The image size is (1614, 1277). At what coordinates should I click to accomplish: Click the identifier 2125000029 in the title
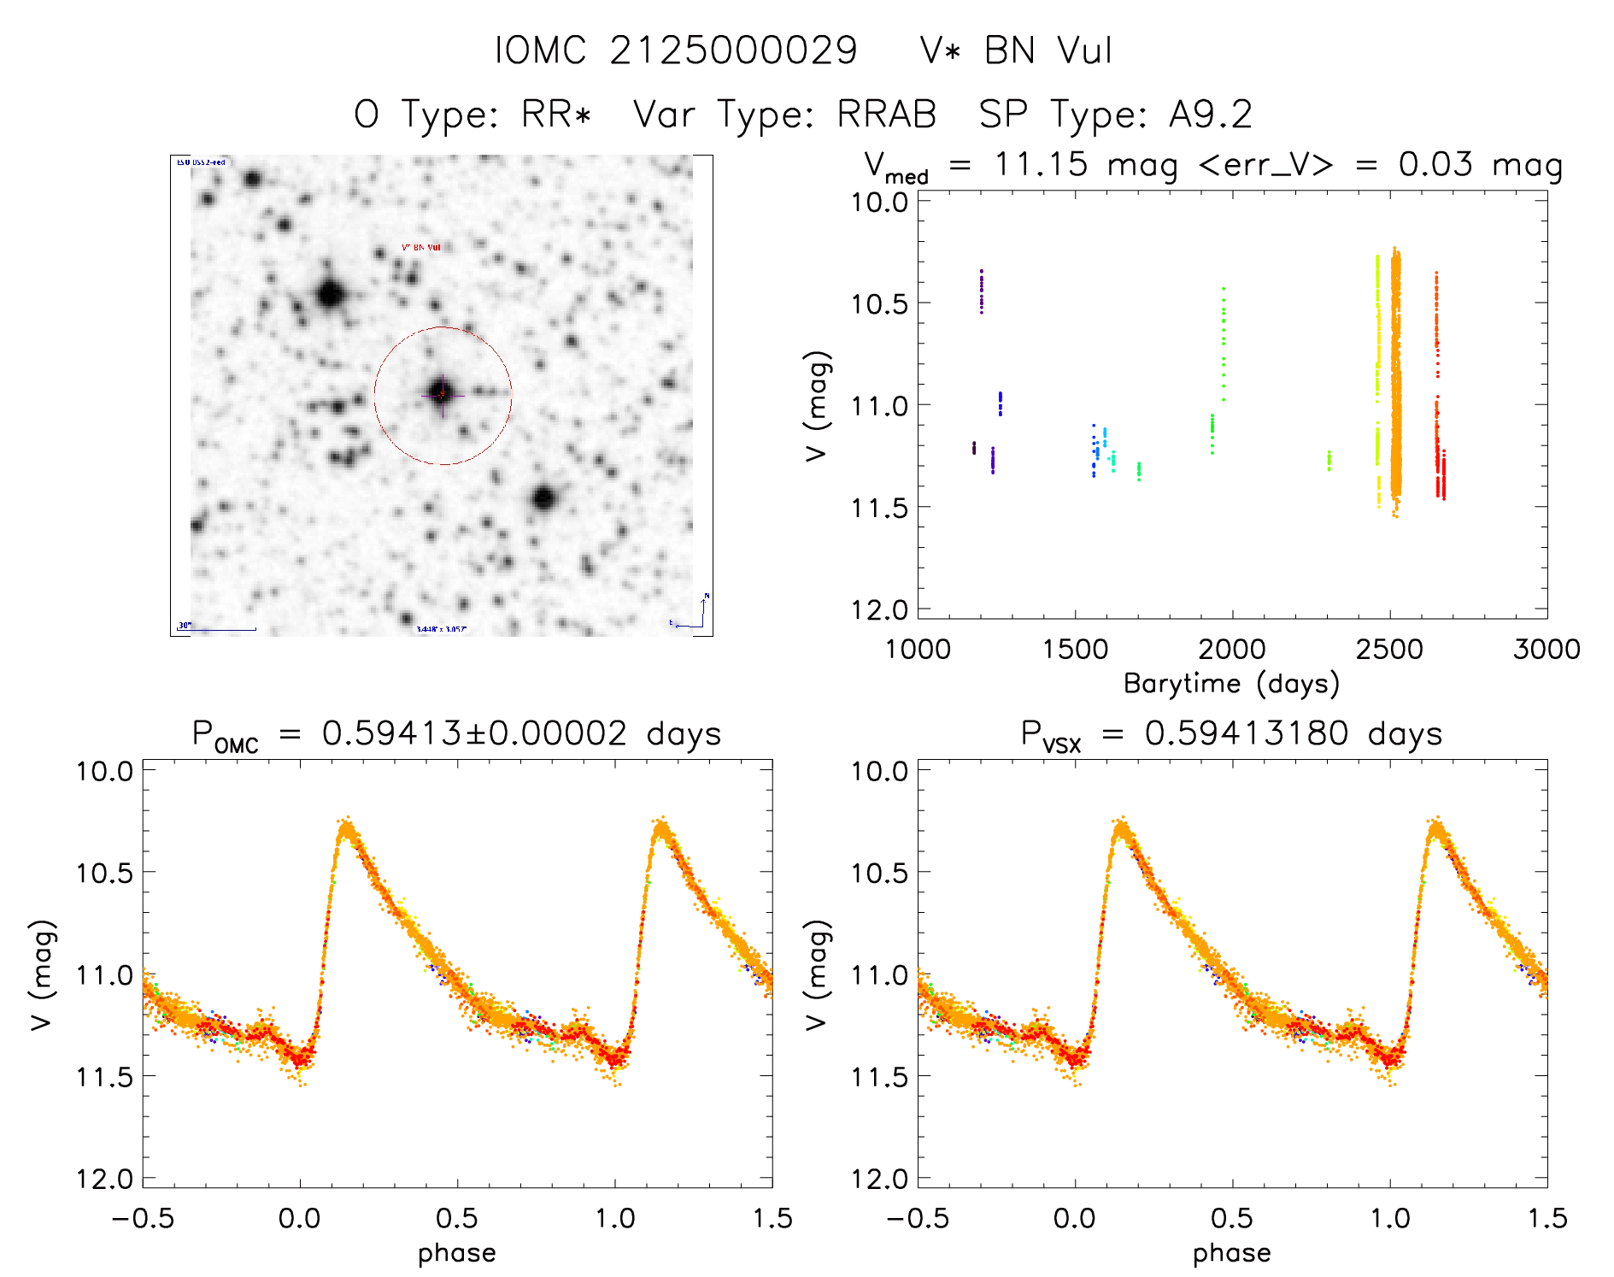733,51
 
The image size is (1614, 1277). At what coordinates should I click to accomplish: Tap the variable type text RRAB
886,115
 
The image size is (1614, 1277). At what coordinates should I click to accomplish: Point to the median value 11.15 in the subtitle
1041,164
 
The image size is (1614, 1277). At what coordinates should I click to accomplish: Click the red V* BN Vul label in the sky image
421,248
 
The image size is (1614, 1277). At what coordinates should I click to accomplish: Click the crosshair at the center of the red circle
442,394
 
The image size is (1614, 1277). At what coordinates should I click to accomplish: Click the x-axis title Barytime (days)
1231,684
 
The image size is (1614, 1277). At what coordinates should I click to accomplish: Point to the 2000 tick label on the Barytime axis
1231,650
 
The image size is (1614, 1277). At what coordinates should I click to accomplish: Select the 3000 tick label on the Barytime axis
1547,650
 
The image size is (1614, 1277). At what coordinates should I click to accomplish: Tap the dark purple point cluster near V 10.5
982,292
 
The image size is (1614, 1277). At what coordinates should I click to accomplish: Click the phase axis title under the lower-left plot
456,1253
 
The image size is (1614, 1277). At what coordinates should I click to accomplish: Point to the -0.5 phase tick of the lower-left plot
143,1219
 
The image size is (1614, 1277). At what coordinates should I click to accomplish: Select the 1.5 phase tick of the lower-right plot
1547,1219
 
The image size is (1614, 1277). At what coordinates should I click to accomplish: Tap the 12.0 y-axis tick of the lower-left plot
104,1180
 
